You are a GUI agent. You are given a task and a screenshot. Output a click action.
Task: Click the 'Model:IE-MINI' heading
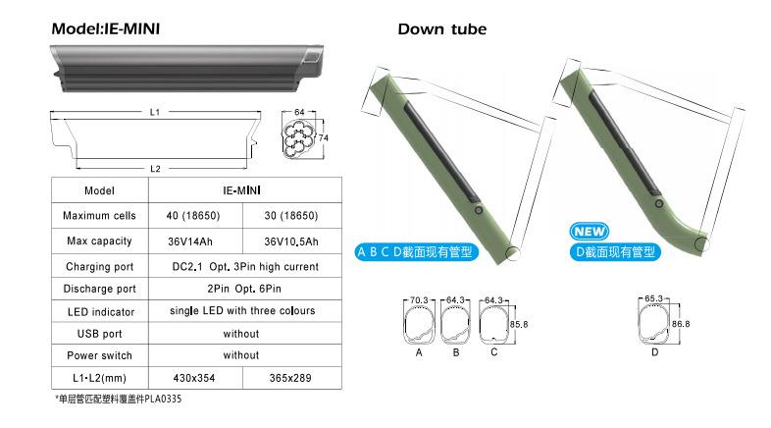(x=106, y=28)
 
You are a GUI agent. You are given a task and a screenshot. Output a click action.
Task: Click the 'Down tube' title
(x=442, y=29)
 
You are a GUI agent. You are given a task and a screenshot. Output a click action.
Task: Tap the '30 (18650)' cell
(x=291, y=216)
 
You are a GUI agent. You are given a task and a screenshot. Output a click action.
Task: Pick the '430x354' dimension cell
(x=194, y=378)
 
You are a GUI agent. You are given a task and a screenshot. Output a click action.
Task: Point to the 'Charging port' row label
(x=100, y=267)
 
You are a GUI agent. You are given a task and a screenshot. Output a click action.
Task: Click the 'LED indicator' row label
(x=101, y=312)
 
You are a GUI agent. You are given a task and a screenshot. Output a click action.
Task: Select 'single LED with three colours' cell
(x=242, y=311)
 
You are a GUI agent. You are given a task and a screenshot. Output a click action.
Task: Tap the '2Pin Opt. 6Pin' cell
(x=244, y=289)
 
